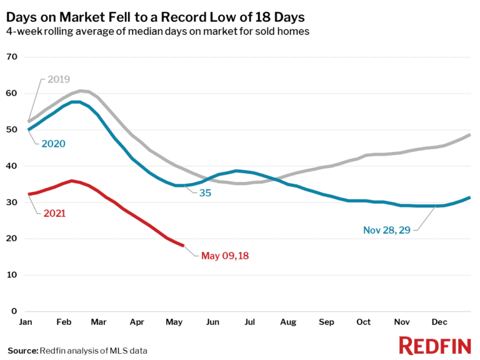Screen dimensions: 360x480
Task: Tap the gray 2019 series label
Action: pyautogui.click(x=57, y=79)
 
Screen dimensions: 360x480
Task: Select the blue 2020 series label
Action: pyautogui.click(x=54, y=144)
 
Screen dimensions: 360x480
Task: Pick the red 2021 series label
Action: pyautogui.click(x=54, y=213)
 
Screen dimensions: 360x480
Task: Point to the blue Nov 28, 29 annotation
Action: pyautogui.click(x=387, y=230)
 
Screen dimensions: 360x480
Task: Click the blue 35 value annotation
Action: pyautogui.click(x=205, y=193)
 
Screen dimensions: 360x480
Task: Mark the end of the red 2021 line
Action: pyautogui.click(x=183, y=245)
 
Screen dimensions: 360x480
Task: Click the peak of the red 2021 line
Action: pyautogui.click(x=72, y=181)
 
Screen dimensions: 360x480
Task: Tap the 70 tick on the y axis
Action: pyautogui.click(x=12, y=57)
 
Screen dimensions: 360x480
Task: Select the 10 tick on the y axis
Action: pyautogui.click(x=12, y=275)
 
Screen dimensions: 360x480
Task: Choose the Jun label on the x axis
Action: pyautogui.click(x=213, y=322)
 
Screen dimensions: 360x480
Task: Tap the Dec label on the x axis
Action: pyautogui.click(x=439, y=322)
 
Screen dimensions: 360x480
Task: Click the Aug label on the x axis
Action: pyautogui.click(x=288, y=322)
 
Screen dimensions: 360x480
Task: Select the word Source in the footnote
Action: pyautogui.click(x=22, y=351)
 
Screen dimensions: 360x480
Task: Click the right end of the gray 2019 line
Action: pyautogui.click(x=469, y=135)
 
